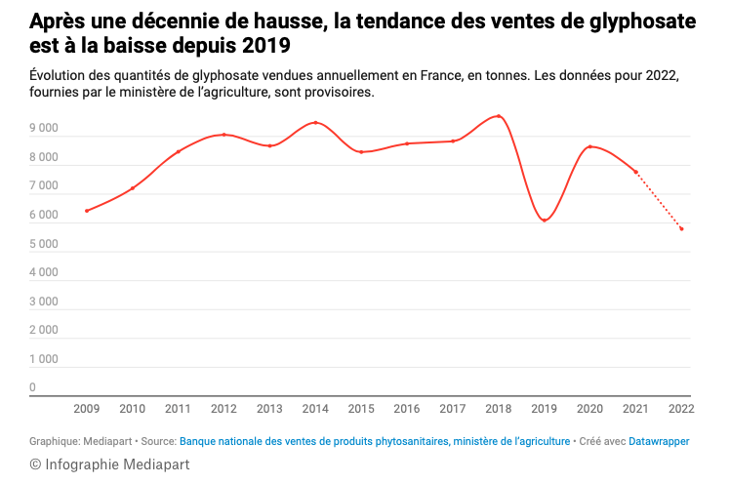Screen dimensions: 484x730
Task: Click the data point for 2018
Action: [x=499, y=116]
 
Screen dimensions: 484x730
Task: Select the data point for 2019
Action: [x=545, y=220]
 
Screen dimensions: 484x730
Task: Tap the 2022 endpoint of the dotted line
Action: [x=681, y=229]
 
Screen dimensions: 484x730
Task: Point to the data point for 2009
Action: [x=87, y=211]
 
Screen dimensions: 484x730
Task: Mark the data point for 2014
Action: [x=315, y=123]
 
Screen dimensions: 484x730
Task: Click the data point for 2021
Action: [x=635, y=172]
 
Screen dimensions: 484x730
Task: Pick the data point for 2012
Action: [x=224, y=135]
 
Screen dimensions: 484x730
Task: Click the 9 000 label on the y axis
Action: [x=45, y=129]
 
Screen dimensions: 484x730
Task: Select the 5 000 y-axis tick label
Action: [x=45, y=244]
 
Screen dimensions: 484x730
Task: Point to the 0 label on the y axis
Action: [x=33, y=387]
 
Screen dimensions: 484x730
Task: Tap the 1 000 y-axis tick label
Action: [x=45, y=359]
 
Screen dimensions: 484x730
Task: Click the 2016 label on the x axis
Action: [x=407, y=409]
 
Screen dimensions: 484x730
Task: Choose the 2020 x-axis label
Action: [x=589, y=409]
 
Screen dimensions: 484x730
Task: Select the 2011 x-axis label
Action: [x=178, y=409]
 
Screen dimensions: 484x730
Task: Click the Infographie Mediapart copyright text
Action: [x=109, y=464]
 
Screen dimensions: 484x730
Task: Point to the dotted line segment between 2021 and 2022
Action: [x=659, y=201]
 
